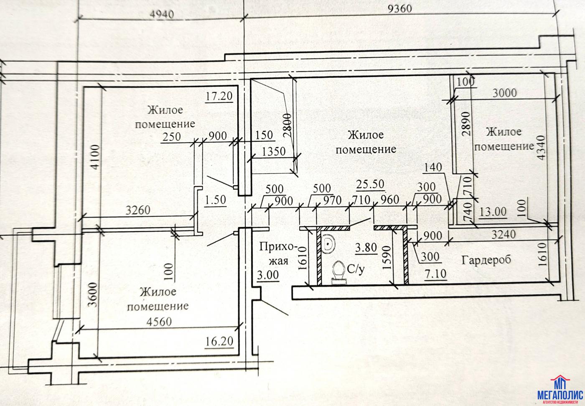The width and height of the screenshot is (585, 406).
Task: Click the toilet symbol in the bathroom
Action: point(338,272)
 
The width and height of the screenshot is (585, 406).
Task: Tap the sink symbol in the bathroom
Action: point(329,243)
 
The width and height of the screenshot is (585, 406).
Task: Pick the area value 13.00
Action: point(493,212)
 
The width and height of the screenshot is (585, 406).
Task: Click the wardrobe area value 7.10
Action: point(436,274)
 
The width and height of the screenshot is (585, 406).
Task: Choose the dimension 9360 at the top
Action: point(399,8)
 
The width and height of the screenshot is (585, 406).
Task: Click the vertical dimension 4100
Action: point(96,157)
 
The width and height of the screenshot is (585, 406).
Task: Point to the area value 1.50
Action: point(216,200)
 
